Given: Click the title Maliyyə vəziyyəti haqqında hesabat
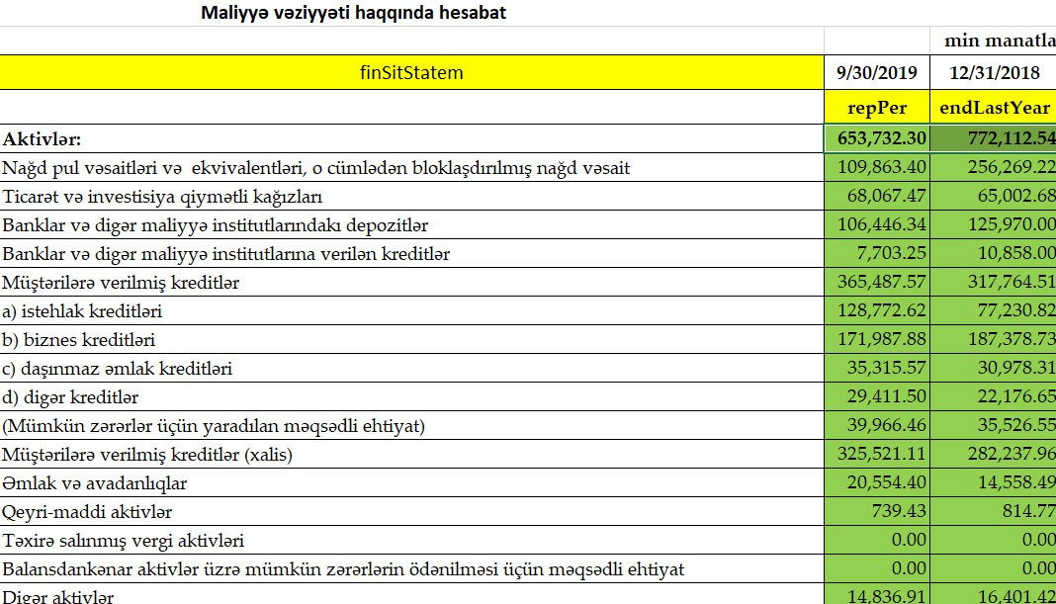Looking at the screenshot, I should pos(353,13).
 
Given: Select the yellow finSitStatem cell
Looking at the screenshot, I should pos(411,72).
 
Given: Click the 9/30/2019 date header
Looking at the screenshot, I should pos(877,72).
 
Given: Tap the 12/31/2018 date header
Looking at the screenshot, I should pos(994,72).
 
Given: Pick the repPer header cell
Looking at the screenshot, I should pos(877,107).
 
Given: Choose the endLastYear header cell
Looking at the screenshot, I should pos(994,107).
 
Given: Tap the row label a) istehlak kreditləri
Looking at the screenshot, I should pos(82,311).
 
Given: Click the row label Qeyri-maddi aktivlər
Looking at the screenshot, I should pos(88,512).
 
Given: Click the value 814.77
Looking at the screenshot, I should pos(1027,512).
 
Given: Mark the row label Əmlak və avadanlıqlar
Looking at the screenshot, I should pos(95,483).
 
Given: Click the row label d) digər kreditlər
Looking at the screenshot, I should pos(70,397).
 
